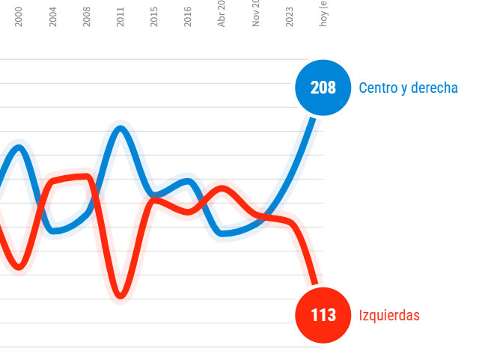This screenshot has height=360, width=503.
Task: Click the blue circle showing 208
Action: click(x=323, y=88)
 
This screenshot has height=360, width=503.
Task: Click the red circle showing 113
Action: click(x=323, y=315)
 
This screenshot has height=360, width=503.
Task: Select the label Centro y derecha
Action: click(x=408, y=88)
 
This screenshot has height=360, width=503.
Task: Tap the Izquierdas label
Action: click(x=389, y=315)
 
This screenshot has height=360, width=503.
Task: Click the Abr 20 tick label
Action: click(x=222, y=15)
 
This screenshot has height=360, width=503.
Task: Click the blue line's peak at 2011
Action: click(x=121, y=129)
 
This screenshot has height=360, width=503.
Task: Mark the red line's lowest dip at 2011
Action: click(x=121, y=296)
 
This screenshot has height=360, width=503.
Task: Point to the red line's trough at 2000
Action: click(x=19, y=266)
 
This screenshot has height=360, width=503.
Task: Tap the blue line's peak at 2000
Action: click(x=19, y=147)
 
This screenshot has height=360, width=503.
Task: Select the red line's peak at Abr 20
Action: click(x=222, y=188)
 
